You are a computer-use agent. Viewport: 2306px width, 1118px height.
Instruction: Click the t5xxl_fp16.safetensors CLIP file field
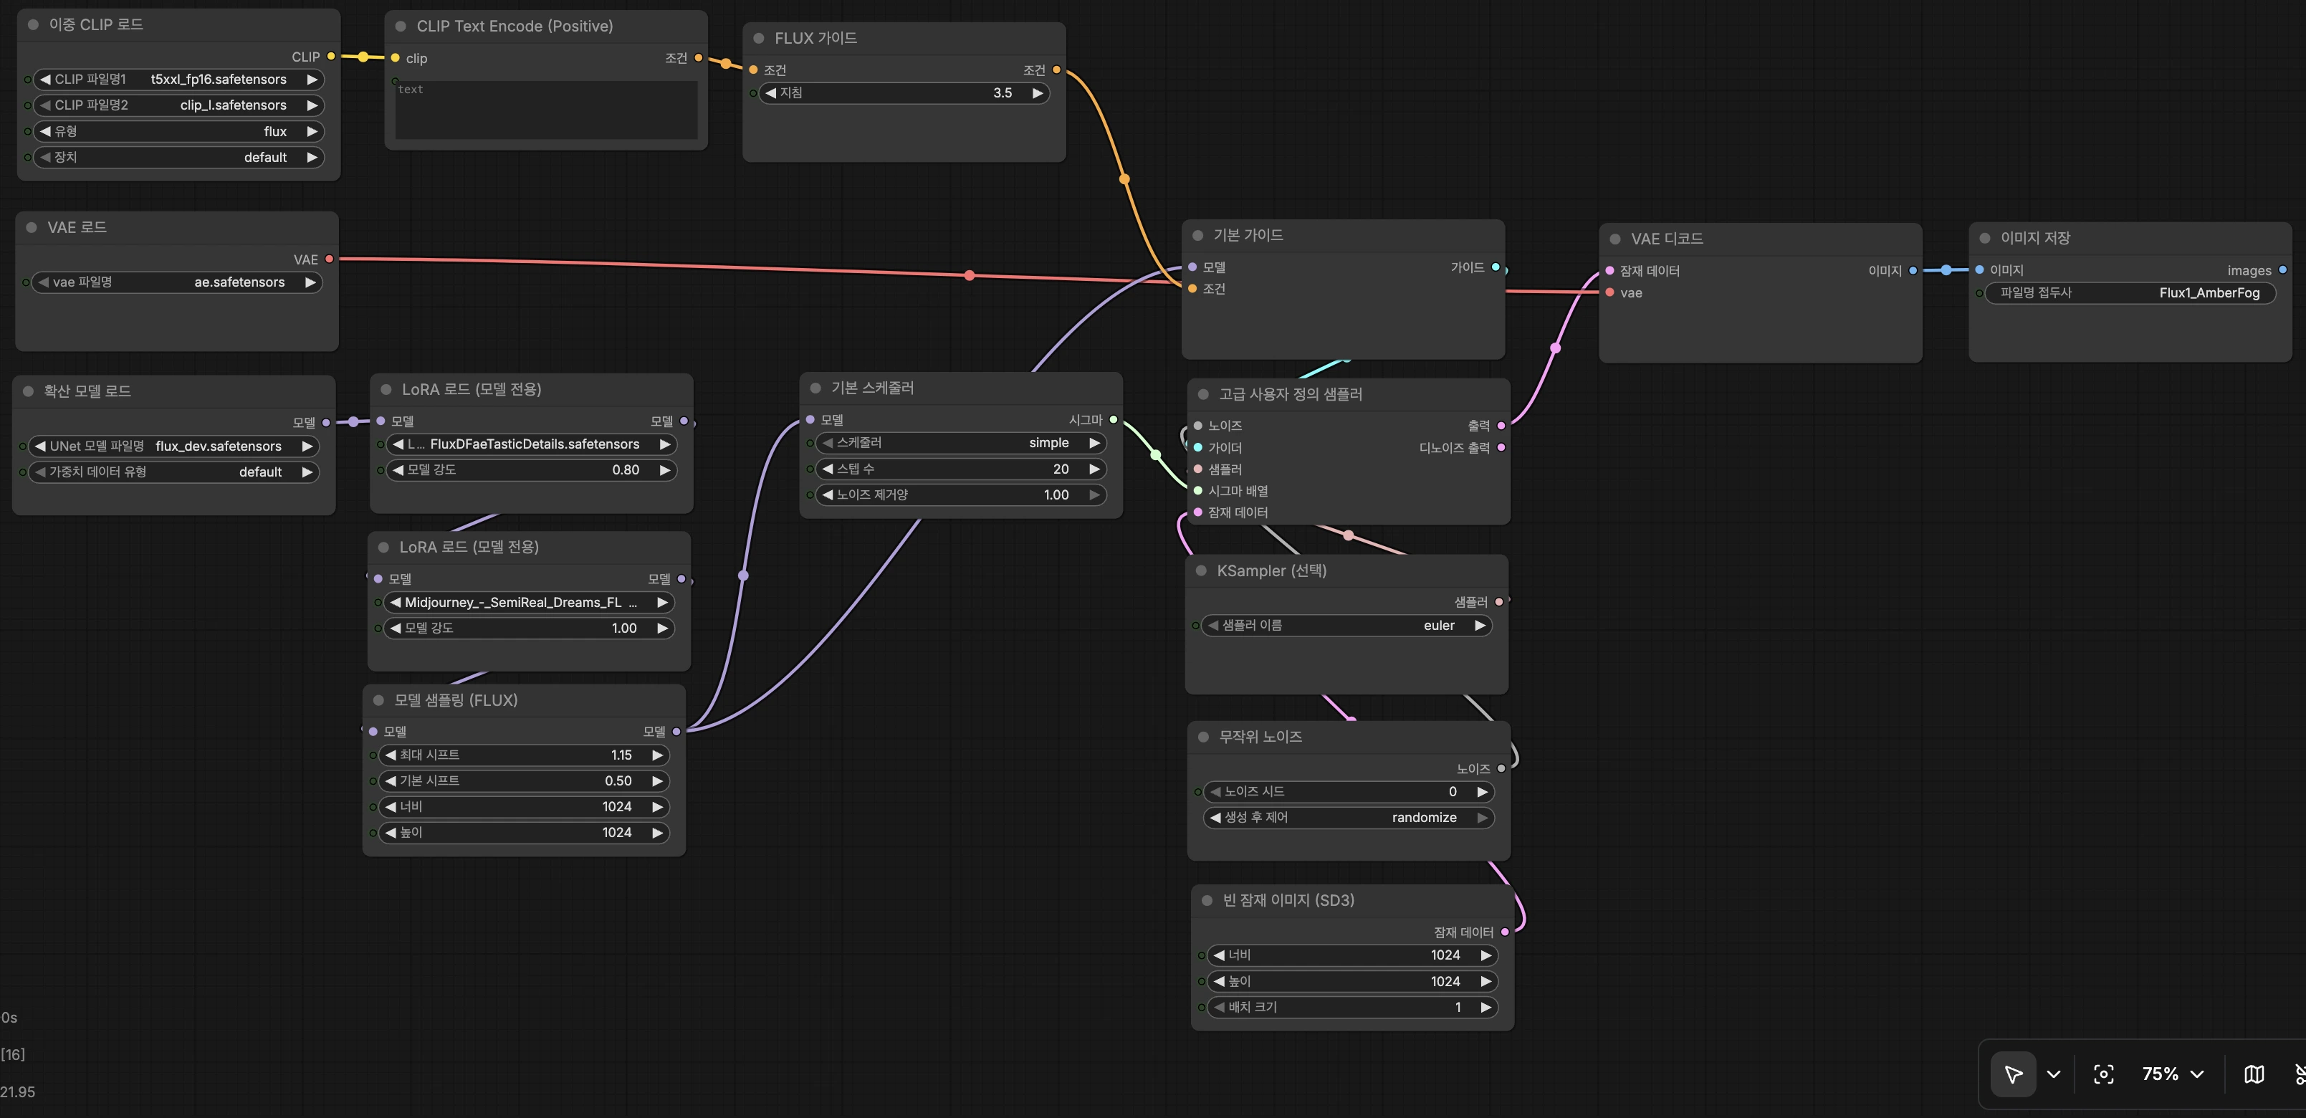178,80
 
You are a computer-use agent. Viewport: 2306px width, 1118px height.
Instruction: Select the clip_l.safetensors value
233,105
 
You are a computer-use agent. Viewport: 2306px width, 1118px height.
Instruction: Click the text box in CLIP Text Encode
546,110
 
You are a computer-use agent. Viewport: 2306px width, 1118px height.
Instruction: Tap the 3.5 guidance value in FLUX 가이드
1003,93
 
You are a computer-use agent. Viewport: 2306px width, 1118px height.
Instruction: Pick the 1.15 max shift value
621,755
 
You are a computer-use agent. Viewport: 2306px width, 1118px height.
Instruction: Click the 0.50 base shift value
618,781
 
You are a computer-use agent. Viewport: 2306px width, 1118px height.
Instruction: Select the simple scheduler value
1048,443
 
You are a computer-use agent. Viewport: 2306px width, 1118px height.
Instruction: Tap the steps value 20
1061,469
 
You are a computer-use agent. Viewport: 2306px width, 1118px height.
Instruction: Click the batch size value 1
1458,1008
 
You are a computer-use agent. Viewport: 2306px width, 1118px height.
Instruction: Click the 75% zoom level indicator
2160,1074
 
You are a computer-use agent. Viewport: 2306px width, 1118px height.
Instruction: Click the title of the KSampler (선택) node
1271,571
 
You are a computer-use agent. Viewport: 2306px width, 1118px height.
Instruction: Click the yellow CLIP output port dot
331,57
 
